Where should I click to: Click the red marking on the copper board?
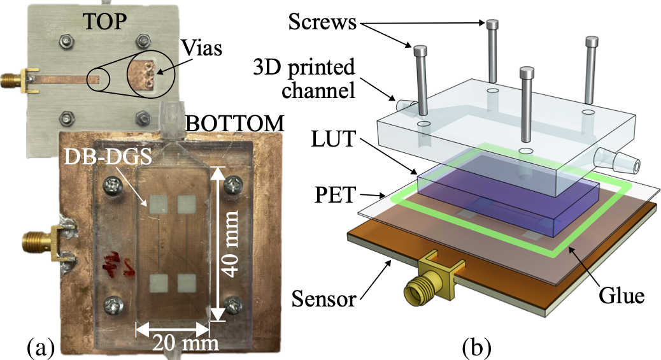(x=117, y=262)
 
